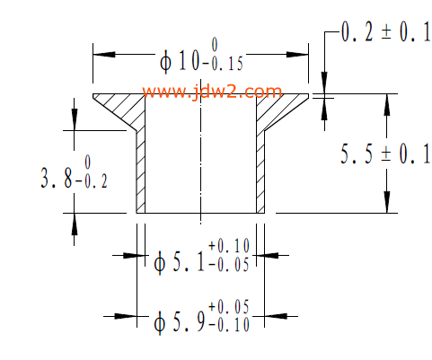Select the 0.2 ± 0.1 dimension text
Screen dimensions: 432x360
[386, 32]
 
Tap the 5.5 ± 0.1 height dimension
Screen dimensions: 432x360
[385, 154]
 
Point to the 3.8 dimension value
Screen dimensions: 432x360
[57, 178]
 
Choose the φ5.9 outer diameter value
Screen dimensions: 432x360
[180, 321]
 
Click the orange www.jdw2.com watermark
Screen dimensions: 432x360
[212, 92]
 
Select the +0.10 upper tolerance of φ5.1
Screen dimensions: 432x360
[229, 246]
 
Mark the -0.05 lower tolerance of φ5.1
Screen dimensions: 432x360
[229, 265]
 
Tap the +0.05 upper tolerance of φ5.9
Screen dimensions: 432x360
[229, 307]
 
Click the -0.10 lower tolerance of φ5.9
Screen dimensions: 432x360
[229, 325]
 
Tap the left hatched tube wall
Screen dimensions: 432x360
[141, 172]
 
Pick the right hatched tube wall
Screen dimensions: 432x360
[260, 172]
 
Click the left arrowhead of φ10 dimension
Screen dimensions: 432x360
[104, 55]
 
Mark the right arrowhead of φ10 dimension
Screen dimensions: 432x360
[297, 55]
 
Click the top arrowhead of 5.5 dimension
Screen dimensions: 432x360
[387, 105]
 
